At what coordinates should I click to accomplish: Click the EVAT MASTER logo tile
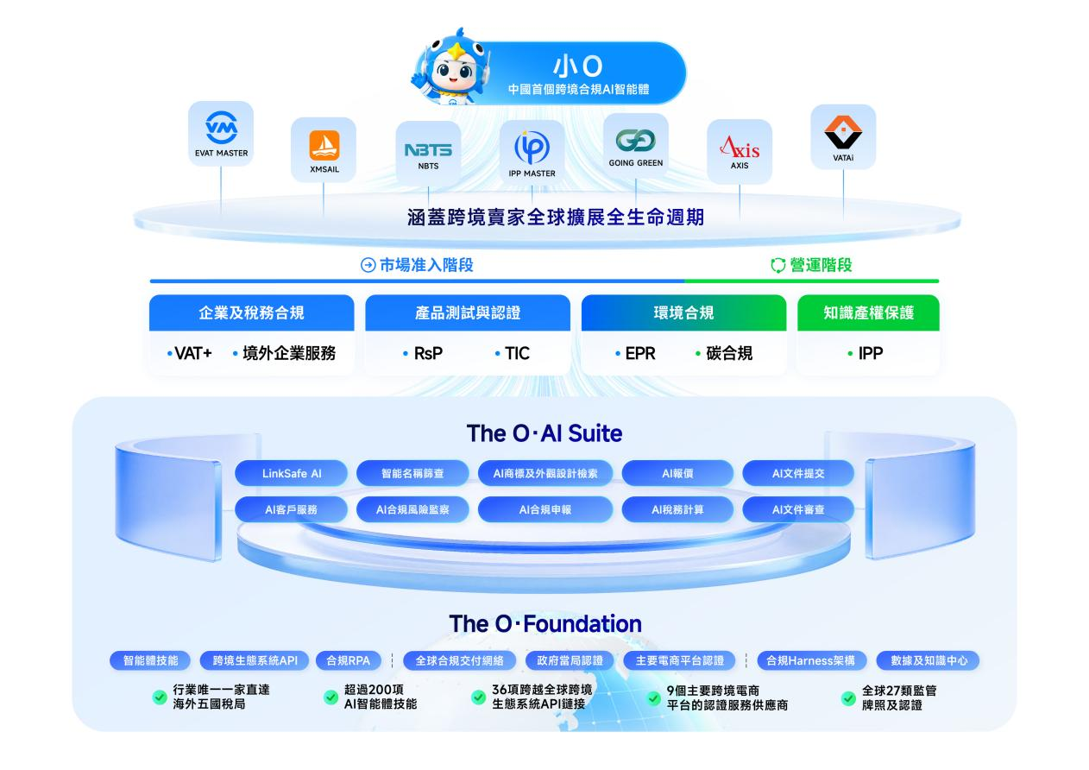coord(221,134)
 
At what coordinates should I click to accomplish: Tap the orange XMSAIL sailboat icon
coord(324,145)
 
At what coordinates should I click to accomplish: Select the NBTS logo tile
coord(428,153)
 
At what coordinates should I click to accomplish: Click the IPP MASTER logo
coord(532,148)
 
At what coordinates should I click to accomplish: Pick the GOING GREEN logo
coord(635,141)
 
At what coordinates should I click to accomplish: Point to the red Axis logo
coord(740,147)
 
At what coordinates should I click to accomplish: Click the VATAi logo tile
coord(843,136)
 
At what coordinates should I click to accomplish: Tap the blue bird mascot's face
coord(455,72)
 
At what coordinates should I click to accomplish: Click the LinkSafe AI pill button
coord(291,473)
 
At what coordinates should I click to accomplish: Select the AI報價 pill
coord(677,473)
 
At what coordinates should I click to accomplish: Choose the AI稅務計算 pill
coord(677,510)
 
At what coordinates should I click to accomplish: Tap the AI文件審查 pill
coord(798,510)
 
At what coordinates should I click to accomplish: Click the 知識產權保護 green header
coord(868,312)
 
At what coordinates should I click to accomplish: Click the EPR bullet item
coord(635,353)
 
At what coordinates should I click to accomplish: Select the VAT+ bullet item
coord(189,353)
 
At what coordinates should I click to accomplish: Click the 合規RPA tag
coord(348,660)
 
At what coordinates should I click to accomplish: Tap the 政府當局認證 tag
coord(570,660)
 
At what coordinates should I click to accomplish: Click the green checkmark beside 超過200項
coord(330,697)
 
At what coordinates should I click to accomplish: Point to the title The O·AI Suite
coord(544,433)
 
